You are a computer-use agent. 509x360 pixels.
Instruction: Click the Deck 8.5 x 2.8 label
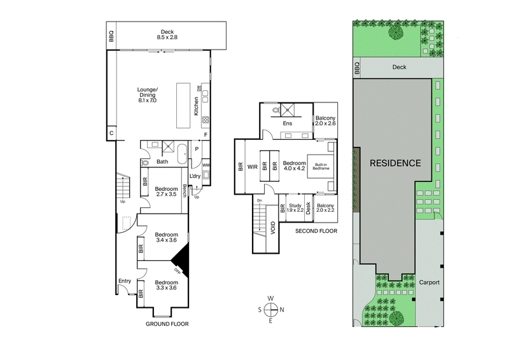[x=167, y=34]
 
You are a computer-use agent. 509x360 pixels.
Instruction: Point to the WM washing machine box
[x=206, y=165]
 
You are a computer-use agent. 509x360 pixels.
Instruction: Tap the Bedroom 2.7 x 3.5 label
[x=166, y=191]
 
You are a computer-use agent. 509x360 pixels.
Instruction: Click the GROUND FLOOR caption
[x=166, y=324]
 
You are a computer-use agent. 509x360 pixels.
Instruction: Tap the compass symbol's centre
[x=270, y=310]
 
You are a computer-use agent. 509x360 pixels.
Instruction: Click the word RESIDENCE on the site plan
[x=395, y=163]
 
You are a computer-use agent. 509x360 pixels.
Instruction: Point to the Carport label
[x=429, y=282]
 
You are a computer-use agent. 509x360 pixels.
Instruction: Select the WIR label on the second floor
[x=252, y=167]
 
